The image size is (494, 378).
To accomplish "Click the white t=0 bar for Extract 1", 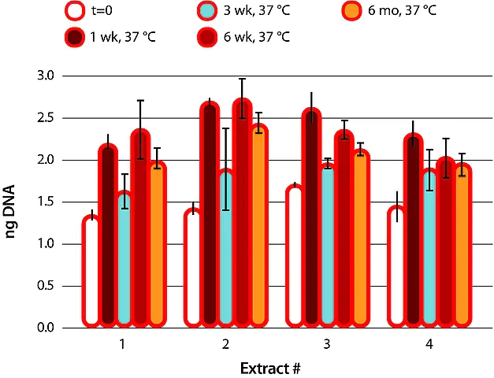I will coord(91,272).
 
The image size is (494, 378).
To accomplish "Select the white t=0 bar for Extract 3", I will coord(294,256).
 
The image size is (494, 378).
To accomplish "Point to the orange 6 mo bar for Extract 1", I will coord(157,244).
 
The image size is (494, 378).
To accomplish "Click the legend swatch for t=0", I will coord(76,12).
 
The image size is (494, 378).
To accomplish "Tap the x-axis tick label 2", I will coord(226,344).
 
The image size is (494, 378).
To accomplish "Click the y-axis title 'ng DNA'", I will coord(14,202).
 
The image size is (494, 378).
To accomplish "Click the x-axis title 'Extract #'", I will coord(272,367).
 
